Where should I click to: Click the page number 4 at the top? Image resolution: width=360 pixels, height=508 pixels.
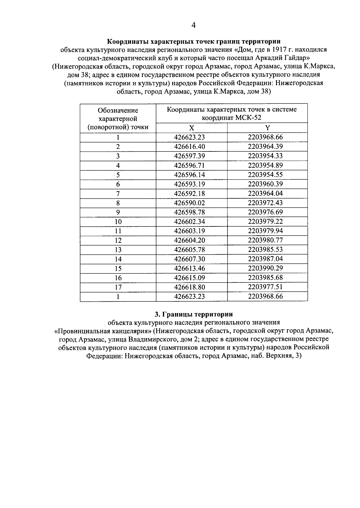[193, 26]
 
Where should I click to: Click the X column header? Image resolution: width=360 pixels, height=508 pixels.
[191, 128]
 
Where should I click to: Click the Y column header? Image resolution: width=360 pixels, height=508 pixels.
[267, 128]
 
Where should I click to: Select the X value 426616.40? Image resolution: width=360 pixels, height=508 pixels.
[189, 147]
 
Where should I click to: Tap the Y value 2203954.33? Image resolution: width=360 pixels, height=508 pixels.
[265, 156]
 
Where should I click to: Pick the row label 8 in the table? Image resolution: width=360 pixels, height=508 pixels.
[118, 203]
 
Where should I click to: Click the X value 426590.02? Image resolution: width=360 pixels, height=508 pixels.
[189, 203]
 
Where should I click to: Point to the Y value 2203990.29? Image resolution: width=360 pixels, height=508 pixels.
[265, 268]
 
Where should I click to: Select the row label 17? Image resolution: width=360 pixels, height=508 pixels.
[118, 287]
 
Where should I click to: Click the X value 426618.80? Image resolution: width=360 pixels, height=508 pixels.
[189, 287]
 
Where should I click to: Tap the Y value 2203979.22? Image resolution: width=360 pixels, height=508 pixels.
[265, 222]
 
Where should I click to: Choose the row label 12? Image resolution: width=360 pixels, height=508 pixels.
[118, 241]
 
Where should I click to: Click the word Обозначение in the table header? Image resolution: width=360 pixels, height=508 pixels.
[118, 111]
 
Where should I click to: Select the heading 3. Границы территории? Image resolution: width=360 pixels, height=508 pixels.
[193, 314]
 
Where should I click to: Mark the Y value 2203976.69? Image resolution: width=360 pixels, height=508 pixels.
[265, 212]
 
